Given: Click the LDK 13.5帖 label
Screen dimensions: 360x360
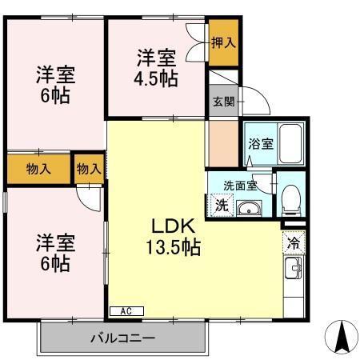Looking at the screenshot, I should pos(173,236).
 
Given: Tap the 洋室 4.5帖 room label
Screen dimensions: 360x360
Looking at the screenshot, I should pos(156,68).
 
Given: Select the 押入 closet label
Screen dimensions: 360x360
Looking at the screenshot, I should pos(223,42).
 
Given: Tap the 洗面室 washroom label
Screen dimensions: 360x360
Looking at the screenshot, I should pos(241,186).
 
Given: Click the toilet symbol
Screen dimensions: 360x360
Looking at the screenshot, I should pos(290,198).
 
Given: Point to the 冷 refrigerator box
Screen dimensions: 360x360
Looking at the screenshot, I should pos(294,241).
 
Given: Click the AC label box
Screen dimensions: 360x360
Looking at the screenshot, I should pos(126,310).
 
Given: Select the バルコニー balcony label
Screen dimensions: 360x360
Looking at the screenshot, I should pos(122,338).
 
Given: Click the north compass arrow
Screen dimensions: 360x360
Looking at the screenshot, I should pos(342,335).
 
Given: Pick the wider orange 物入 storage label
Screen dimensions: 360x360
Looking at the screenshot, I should pos(38,169).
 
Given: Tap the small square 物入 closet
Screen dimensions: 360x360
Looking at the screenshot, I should pos(90,169).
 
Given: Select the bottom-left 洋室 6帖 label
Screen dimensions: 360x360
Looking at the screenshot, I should pos(54,252).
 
